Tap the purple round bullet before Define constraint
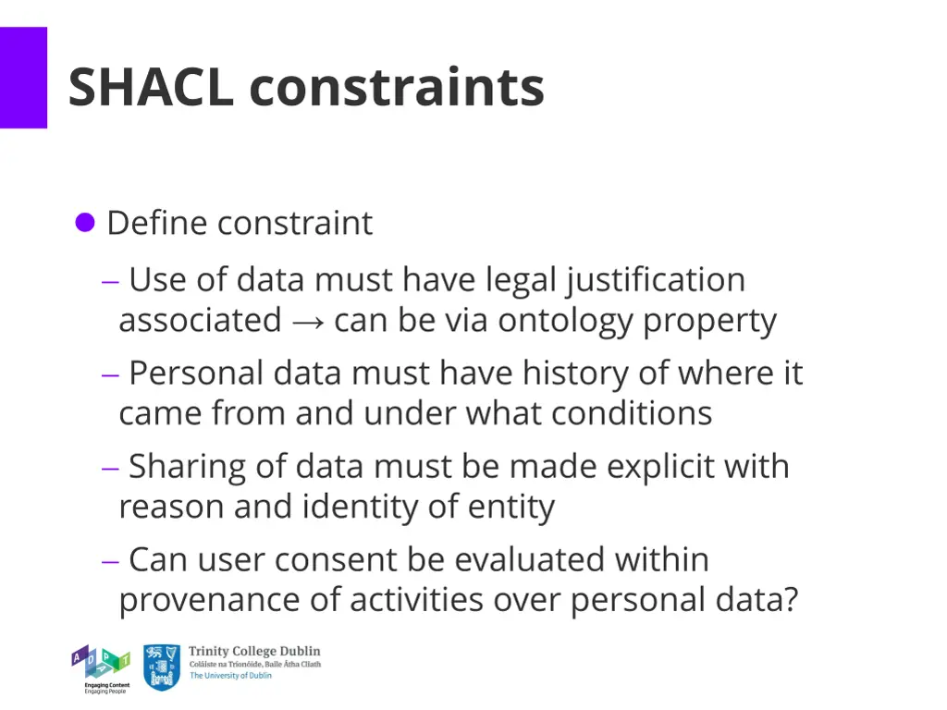click(85, 223)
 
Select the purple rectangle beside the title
click(23, 78)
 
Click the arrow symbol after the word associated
click(307, 322)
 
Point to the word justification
click(656, 280)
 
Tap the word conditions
click(632, 413)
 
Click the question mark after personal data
click(788, 600)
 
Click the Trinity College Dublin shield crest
click(162, 667)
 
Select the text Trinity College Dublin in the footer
click(254, 652)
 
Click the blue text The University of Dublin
click(231, 676)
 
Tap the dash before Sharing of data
click(111, 468)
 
